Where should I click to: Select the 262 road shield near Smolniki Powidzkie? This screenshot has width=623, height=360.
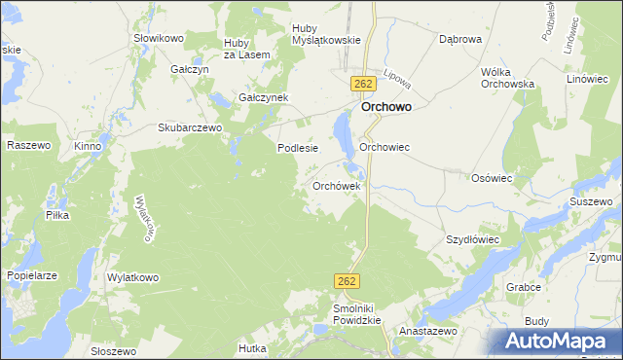click(348, 280)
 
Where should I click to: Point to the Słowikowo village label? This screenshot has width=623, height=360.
click(159, 38)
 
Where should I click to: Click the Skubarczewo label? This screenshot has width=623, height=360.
click(191, 127)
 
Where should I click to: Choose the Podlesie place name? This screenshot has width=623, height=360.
click(298, 148)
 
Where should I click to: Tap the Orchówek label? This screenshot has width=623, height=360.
click(337, 185)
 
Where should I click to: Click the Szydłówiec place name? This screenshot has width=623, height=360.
click(472, 238)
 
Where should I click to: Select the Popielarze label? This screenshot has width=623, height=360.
click(32, 275)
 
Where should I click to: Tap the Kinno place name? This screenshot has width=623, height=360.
click(88, 146)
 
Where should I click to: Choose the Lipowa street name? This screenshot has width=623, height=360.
click(396, 79)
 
